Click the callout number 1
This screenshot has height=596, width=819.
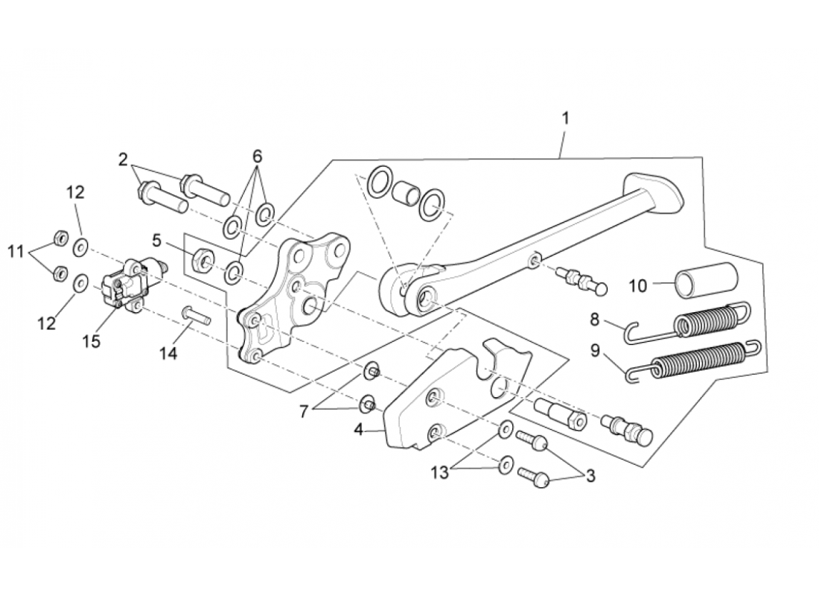[565, 118]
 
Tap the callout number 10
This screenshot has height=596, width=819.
[638, 286]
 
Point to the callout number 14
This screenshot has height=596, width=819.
[168, 353]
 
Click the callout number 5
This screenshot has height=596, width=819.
[156, 241]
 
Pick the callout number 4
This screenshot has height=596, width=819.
[358, 430]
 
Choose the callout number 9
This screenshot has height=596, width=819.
[595, 351]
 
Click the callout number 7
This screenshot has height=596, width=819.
[304, 411]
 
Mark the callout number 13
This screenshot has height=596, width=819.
[440, 472]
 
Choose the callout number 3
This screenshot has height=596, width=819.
[590, 476]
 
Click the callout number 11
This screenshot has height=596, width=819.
[16, 252]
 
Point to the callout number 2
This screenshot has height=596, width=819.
[123, 159]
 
